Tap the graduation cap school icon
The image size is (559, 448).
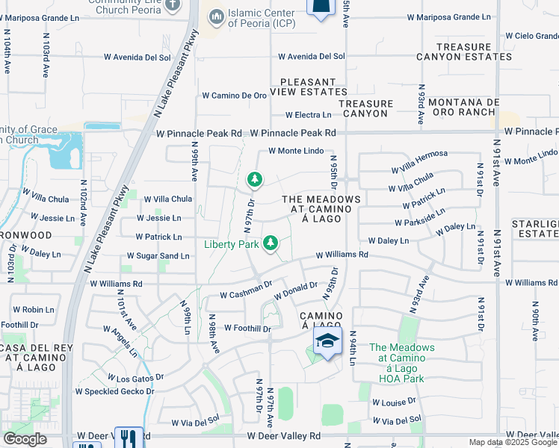[326, 342]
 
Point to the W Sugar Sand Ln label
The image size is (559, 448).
[158, 255]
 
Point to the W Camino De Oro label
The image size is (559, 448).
[235, 96]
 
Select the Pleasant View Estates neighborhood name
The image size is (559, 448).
[313, 87]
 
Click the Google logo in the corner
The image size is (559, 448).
[25, 439]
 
